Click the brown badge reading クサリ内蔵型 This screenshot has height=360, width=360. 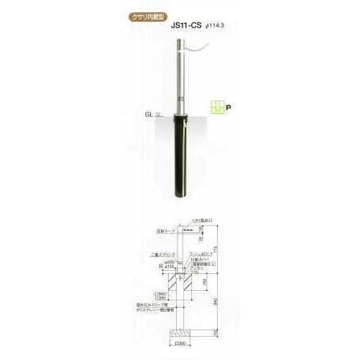coord(149,16)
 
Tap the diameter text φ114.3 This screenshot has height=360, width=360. coord(214,26)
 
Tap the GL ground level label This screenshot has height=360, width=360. coord(149,114)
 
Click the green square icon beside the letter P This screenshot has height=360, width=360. coord(215,107)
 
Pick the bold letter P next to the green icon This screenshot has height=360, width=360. coord(227,107)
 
